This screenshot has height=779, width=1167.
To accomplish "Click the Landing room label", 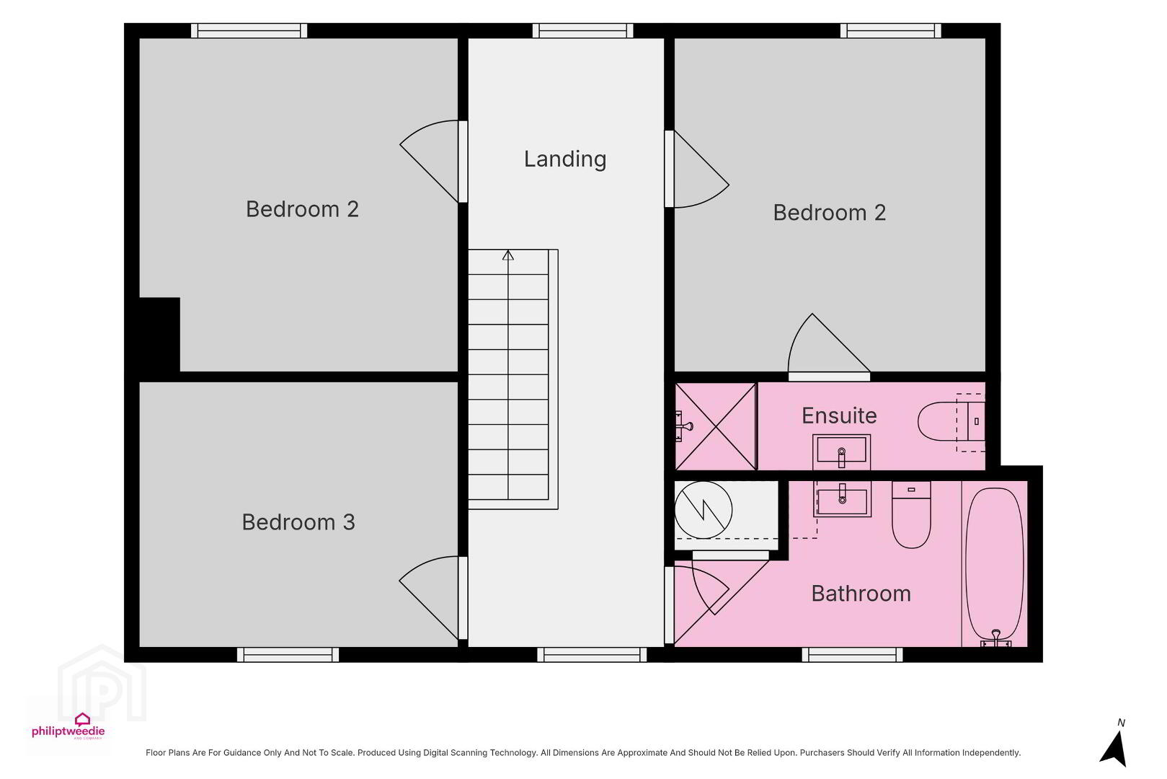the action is click(x=564, y=159).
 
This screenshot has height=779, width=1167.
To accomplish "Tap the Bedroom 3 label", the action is click(x=298, y=522).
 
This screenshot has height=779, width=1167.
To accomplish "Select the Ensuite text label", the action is click(x=839, y=415).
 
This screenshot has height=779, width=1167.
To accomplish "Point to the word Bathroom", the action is click(x=861, y=594).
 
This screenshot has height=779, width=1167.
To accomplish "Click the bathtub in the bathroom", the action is click(x=995, y=564).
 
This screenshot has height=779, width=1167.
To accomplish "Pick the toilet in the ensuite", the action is click(x=951, y=421).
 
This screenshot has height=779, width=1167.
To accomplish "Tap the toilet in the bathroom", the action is click(x=911, y=514).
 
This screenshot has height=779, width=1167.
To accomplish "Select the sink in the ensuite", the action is click(x=841, y=452).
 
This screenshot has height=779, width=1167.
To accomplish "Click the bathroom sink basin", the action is click(x=842, y=499).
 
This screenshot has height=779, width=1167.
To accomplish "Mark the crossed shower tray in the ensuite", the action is click(x=715, y=426).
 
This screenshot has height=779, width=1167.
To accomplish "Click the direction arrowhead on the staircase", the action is click(x=508, y=255).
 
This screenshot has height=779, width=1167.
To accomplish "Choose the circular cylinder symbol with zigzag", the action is click(x=704, y=510).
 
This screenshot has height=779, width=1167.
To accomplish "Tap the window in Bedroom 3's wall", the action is click(x=288, y=654).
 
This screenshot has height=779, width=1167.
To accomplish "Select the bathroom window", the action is click(x=852, y=654).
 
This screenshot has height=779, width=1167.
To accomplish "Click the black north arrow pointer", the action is click(x=1114, y=749).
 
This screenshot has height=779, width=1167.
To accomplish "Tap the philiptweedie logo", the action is click(x=68, y=726).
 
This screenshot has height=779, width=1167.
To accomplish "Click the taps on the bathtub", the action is click(x=995, y=638).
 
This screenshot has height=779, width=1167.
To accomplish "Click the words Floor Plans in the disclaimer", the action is click(x=167, y=752).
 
